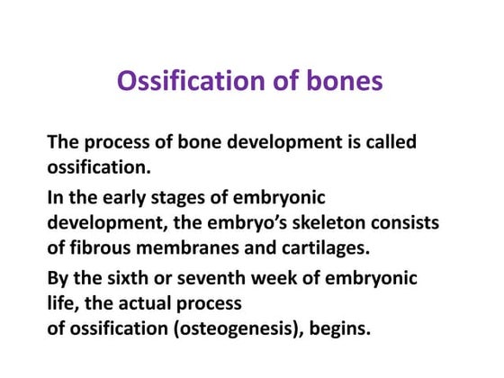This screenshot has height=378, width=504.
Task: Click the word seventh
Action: (x=217, y=278)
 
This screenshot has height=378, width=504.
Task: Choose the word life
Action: (x=62, y=303)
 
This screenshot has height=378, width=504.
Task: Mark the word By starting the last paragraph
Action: (x=58, y=278)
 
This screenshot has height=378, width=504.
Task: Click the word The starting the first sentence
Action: (x=64, y=142)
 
